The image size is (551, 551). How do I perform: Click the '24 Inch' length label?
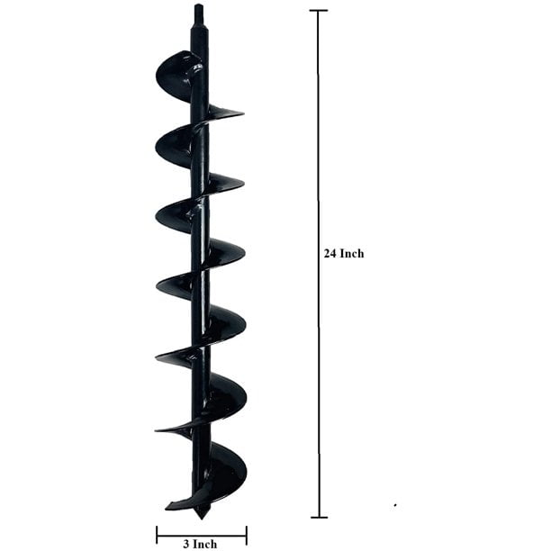tap(344, 254)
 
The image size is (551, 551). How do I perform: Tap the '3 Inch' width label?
tap(200, 544)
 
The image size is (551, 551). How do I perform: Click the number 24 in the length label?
tap(330, 254)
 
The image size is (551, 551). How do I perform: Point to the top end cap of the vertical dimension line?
tap(318, 11)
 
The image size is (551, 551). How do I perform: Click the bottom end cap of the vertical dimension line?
tap(318, 517)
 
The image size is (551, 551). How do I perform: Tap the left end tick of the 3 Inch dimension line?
tap(158, 536)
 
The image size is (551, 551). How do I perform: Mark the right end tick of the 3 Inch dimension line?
tap(246, 536)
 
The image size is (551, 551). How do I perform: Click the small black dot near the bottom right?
tap(395, 505)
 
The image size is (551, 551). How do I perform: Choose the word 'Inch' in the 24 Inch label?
tap(352, 254)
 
